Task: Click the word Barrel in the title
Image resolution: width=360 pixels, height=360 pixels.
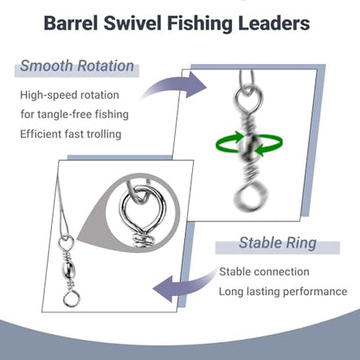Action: coord(71,23)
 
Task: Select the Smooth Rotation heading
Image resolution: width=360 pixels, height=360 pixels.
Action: coord(77,66)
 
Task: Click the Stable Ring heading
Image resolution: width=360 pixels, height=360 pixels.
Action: coord(278,243)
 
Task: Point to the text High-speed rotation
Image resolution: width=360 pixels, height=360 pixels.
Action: coord(69,95)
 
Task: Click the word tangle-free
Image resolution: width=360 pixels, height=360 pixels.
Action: coord(63,114)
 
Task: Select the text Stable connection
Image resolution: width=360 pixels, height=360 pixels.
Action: coord(264,272)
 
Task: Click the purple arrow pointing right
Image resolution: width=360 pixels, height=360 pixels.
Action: coord(173,86)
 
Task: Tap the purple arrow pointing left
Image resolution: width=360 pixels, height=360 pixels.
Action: coord(184,286)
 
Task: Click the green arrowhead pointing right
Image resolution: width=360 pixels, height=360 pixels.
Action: coord(238,136)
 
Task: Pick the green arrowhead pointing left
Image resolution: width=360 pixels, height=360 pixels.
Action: coord(260,151)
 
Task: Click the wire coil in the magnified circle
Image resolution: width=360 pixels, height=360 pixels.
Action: coord(143,241)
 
